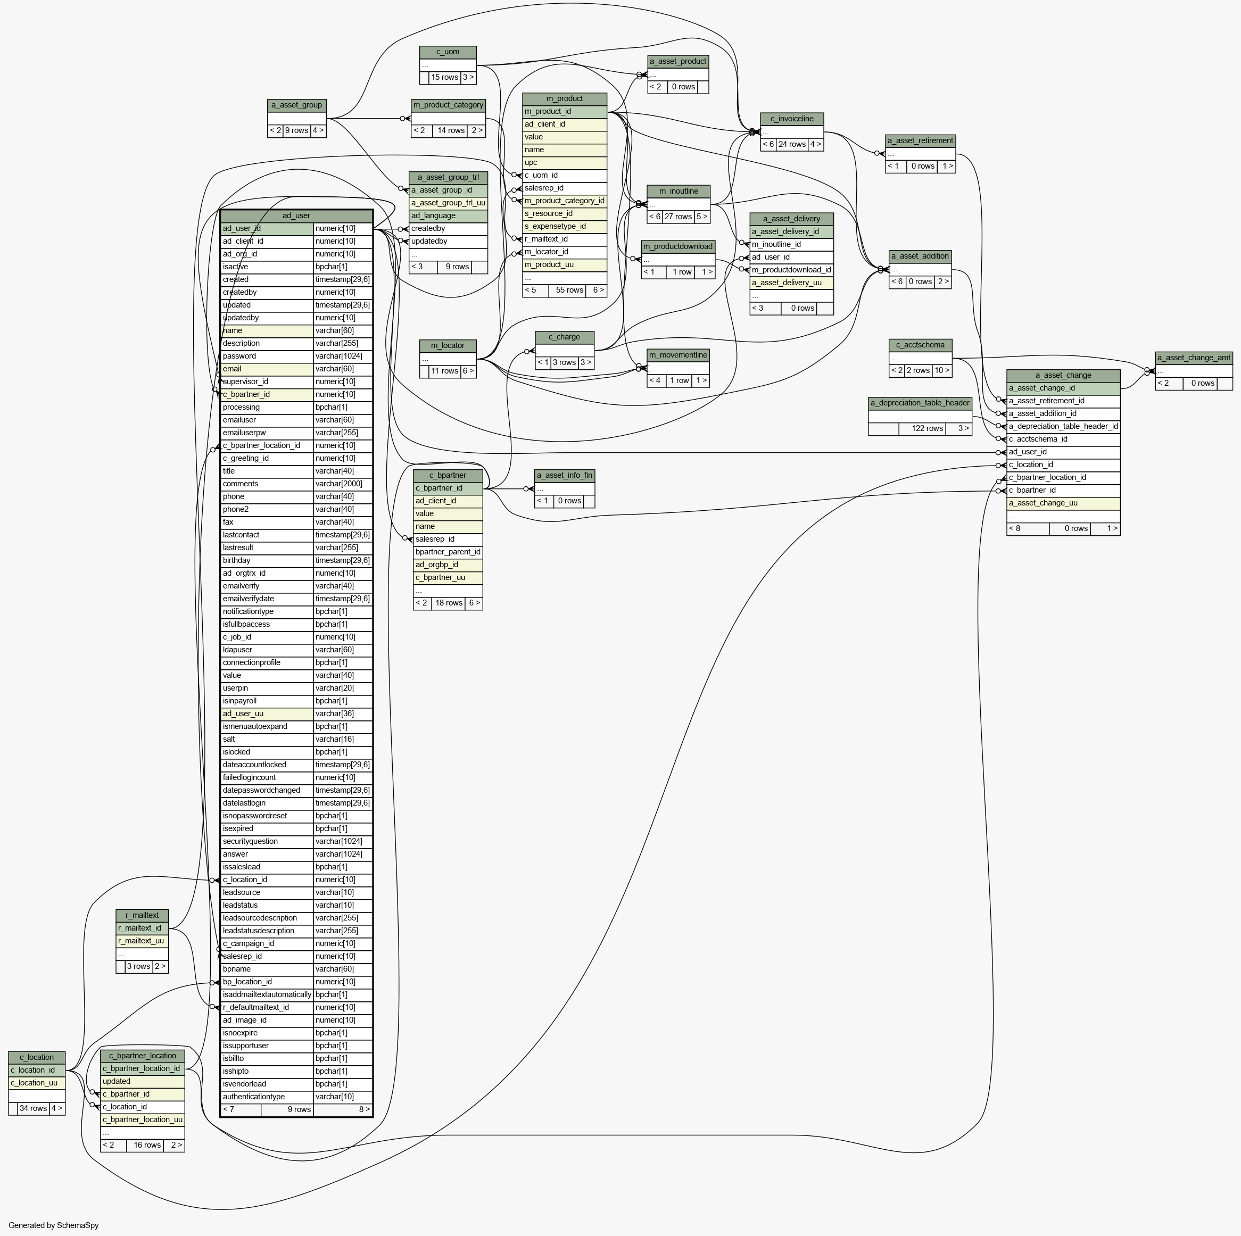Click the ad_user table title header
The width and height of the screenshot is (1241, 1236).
click(x=296, y=215)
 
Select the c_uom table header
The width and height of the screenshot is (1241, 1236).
click(x=448, y=52)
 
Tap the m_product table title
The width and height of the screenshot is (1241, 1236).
click(x=565, y=99)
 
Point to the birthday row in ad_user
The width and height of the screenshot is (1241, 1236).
click(x=296, y=560)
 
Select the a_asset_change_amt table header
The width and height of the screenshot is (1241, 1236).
click(x=1194, y=358)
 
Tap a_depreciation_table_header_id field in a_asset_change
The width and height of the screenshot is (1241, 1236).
click(x=1063, y=426)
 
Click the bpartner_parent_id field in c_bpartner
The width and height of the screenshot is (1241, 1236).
click(x=448, y=552)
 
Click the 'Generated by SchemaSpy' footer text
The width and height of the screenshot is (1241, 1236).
click(x=54, y=1225)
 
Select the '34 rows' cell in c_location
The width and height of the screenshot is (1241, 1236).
click(x=34, y=1109)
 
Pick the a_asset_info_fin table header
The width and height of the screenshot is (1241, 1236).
click(x=565, y=476)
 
